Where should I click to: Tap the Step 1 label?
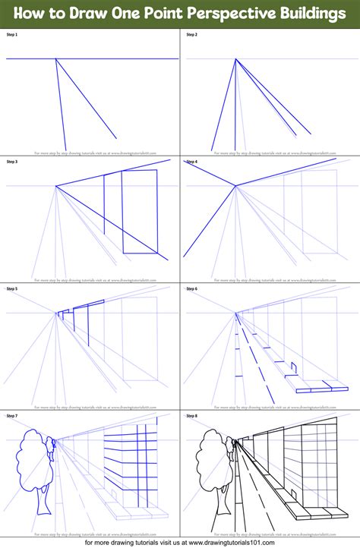tap(11, 35)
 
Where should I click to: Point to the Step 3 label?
tap(11, 162)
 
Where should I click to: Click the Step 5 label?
tap(11, 288)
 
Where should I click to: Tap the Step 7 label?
tap(11, 415)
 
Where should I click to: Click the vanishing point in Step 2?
tap(236, 58)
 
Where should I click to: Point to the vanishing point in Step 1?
tap(56, 58)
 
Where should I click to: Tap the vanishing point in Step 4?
tap(236, 185)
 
